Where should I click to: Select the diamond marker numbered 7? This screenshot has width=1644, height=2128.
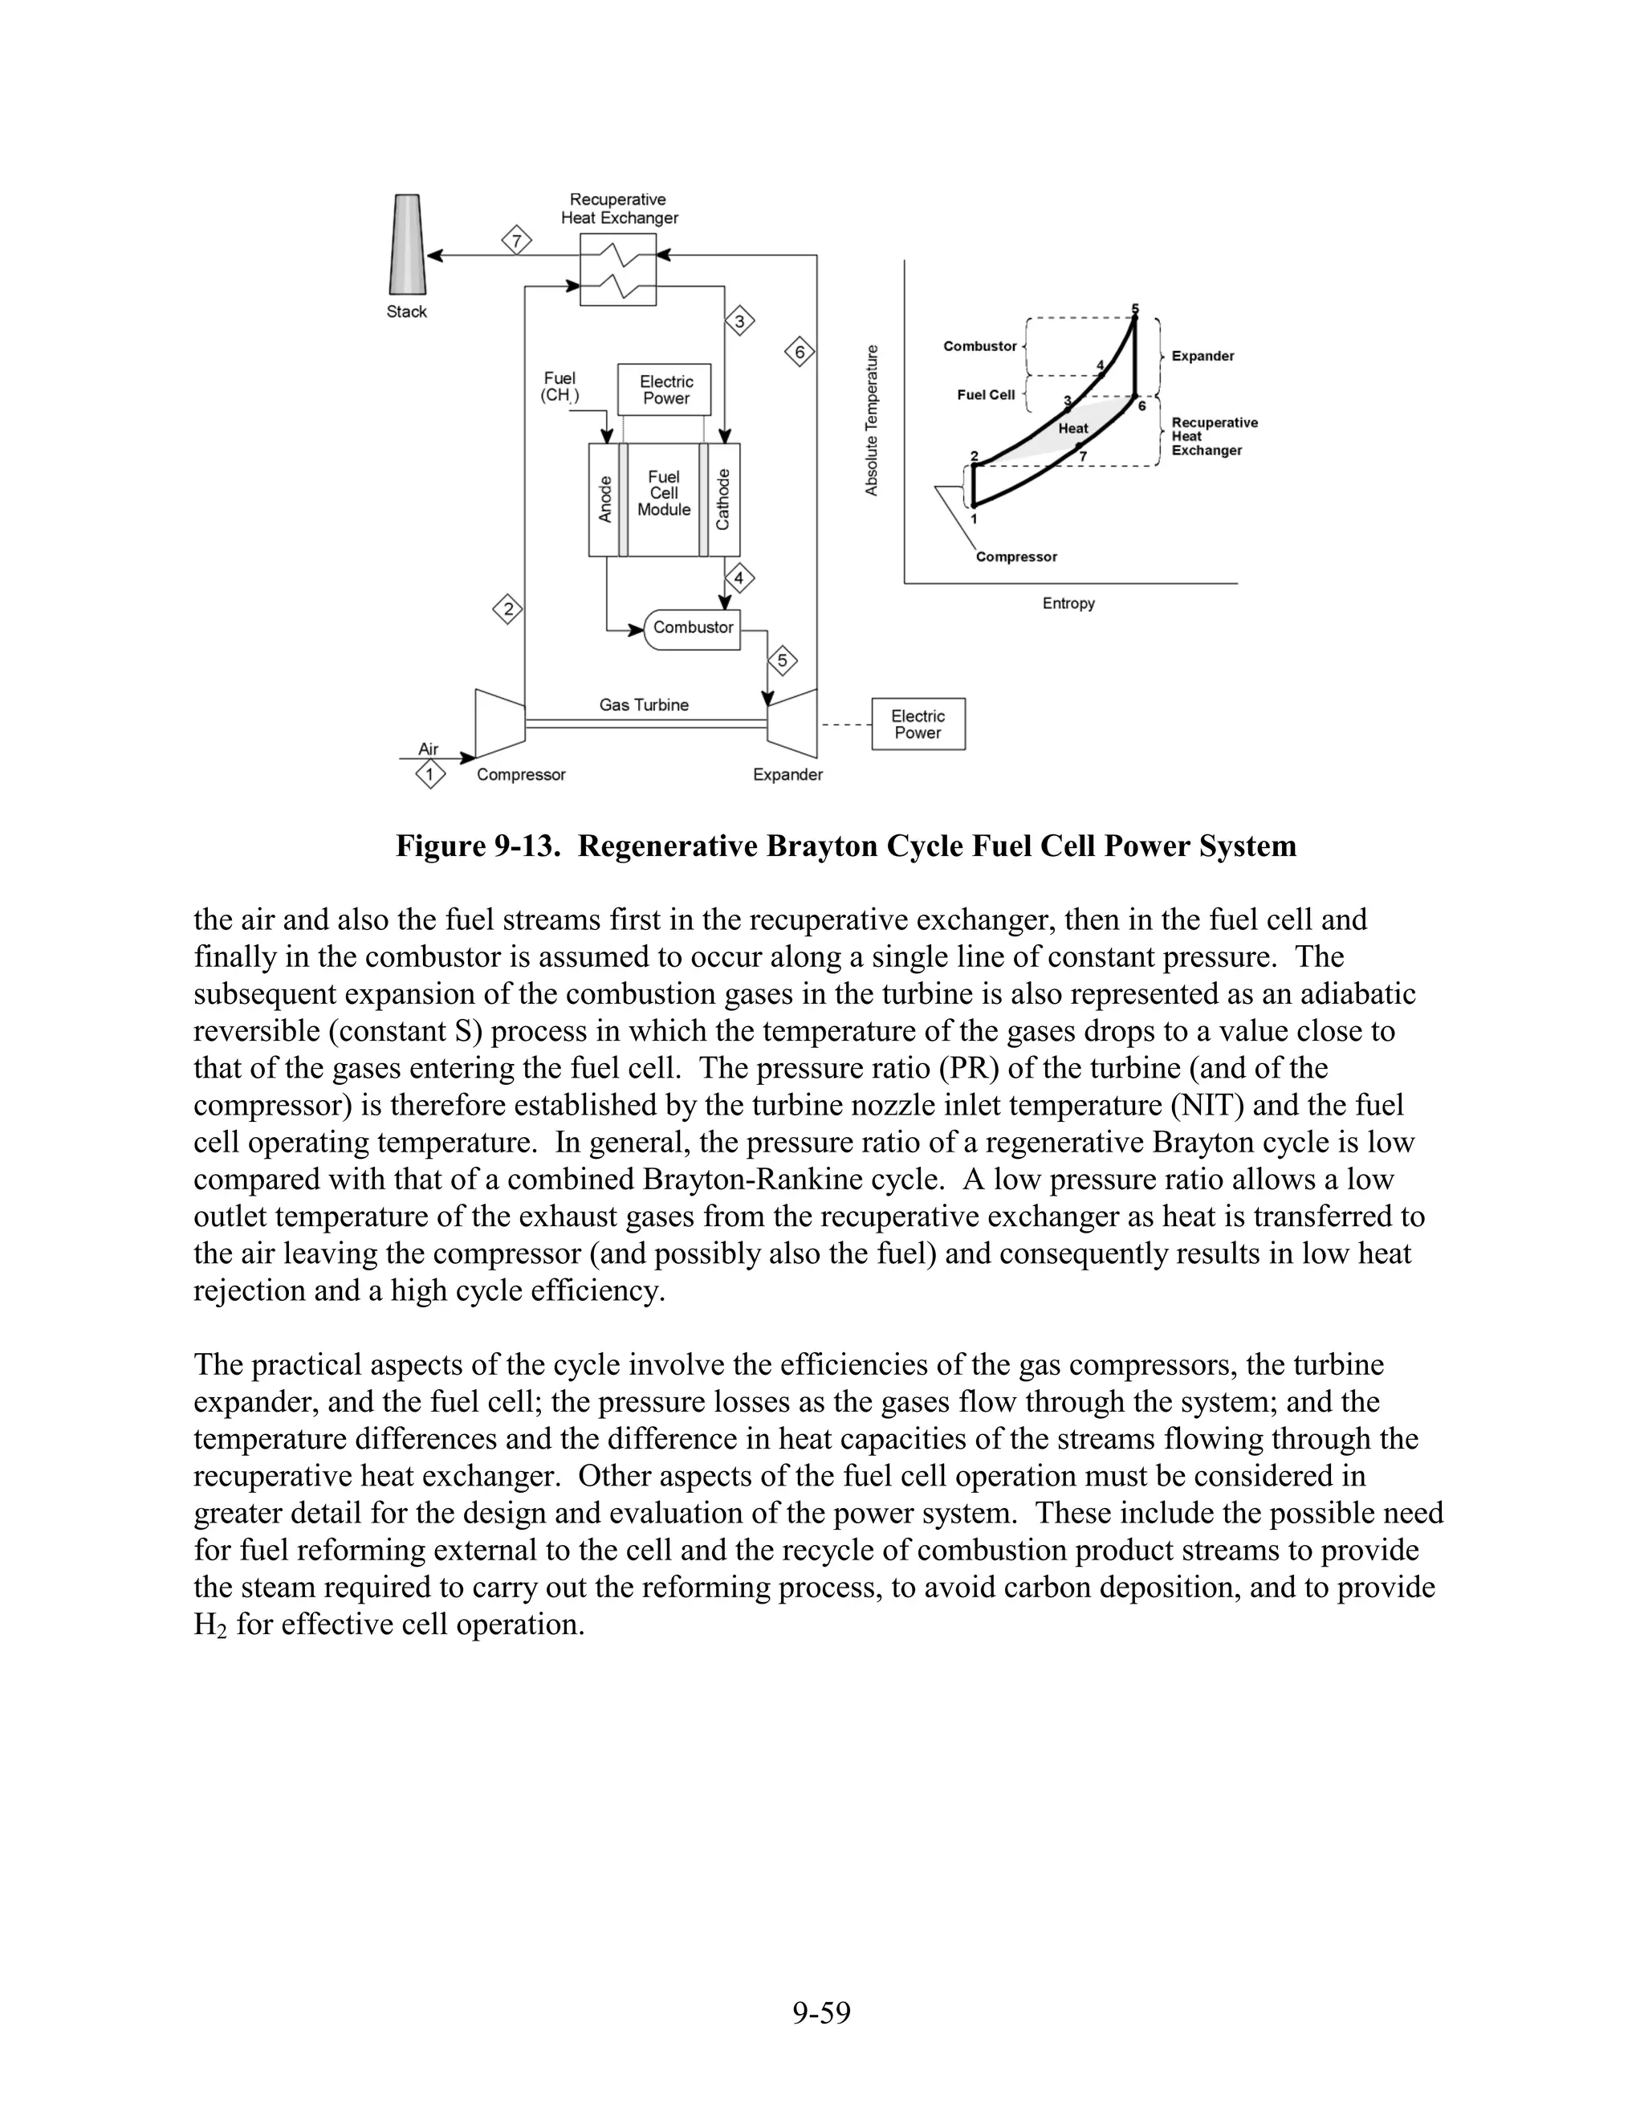point(517,239)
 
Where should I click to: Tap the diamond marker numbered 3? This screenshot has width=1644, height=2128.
point(740,320)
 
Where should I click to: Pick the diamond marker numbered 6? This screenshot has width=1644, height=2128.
point(800,352)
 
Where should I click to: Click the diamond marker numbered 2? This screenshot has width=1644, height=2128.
point(507,611)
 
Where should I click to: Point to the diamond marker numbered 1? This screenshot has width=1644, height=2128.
point(429,775)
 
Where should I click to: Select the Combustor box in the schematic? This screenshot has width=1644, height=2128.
point(693,629)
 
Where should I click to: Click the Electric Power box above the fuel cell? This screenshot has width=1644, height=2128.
point(665,389)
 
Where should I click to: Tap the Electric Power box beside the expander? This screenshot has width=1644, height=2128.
point(918,724)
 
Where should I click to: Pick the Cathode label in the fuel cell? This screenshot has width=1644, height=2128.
point(722,499)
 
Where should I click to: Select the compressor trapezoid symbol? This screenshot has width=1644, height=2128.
point(499,722)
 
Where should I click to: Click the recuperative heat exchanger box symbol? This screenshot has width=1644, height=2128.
point(618,269)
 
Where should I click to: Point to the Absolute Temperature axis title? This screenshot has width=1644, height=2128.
point(872,420)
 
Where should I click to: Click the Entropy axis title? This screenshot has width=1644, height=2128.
point(1068,604)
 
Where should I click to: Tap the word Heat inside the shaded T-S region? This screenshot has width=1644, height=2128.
point(1072,429)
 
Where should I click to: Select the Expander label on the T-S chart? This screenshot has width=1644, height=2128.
point(1202,357)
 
